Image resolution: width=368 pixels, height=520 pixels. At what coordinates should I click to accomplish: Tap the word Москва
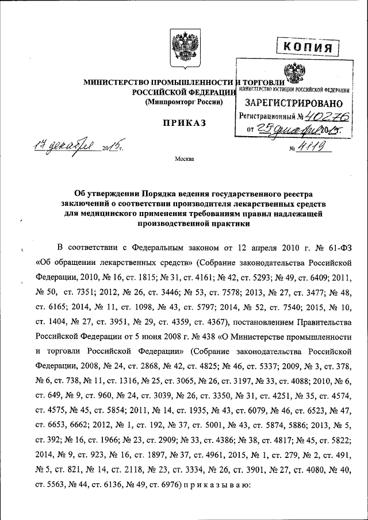(x=185, y=159)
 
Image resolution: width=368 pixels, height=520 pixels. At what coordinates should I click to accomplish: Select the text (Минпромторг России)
(x=183, y=102)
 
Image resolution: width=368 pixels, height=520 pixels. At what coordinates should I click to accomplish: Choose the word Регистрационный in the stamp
(x=265, y=117)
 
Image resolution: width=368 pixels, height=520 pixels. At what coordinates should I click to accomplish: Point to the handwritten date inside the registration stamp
(x=287, y=130)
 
